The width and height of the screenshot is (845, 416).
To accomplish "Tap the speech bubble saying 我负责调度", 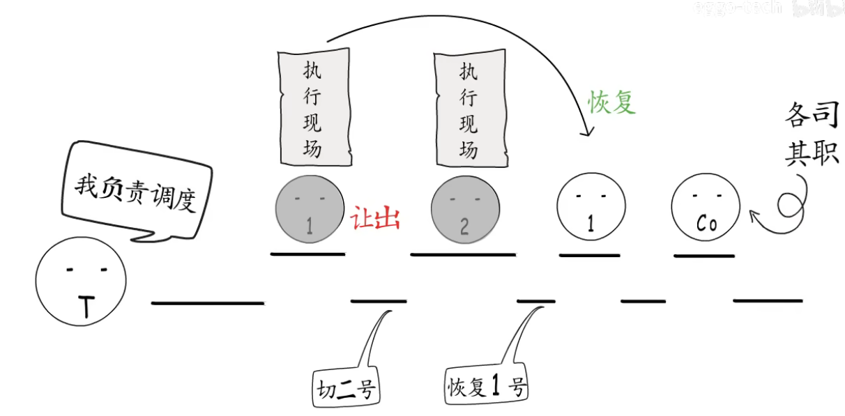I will tap(136, 189).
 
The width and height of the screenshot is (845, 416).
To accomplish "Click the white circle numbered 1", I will tap(591, 207).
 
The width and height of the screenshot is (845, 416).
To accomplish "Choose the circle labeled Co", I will tap(706, 208).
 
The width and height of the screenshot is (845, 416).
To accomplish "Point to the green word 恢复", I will tap(611, 102).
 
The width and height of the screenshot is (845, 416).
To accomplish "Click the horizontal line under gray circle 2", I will tap(463, 255).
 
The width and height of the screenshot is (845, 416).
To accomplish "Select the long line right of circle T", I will tap(208, 303).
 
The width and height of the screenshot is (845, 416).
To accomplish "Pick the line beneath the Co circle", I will tap(704, 256).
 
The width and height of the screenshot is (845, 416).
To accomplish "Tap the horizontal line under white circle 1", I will tap(589, 256).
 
